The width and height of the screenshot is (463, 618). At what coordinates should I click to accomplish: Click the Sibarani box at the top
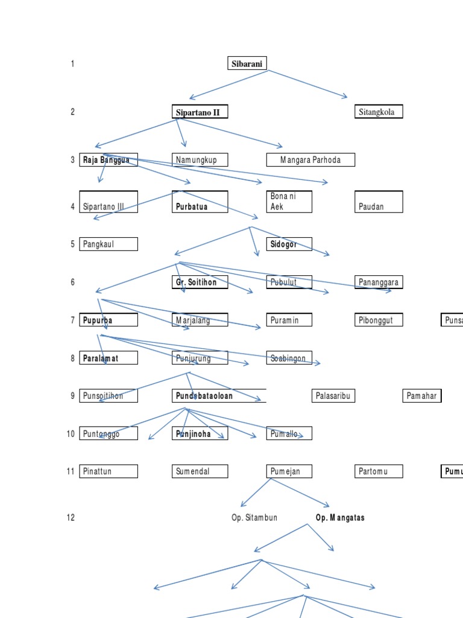247,63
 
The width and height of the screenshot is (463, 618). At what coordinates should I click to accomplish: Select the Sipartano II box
200,112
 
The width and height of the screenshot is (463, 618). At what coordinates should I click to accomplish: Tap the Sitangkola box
378,112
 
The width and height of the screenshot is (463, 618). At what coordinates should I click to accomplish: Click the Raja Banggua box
109,160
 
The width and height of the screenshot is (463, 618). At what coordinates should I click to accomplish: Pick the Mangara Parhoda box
310,160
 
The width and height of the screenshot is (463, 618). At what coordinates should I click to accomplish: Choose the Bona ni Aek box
289,202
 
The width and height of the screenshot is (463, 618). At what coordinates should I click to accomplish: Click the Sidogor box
289,244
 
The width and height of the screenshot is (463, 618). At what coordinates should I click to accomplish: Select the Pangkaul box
109,244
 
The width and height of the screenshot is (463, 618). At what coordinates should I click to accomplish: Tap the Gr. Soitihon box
200,282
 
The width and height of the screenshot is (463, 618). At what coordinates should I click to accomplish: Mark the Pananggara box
378,282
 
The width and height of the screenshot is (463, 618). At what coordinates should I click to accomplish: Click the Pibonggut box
378,320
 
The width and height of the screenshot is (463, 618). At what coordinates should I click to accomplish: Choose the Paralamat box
109,358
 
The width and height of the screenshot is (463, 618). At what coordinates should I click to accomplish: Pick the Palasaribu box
333,396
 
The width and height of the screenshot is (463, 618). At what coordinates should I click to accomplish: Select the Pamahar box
422,396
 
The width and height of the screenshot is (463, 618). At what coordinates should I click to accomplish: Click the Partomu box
378,471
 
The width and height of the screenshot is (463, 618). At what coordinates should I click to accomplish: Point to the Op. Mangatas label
340,518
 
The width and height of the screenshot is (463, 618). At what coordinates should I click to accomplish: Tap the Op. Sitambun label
254,518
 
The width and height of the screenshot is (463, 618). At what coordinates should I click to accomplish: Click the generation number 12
71,518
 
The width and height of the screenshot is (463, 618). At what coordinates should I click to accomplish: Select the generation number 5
73,244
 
